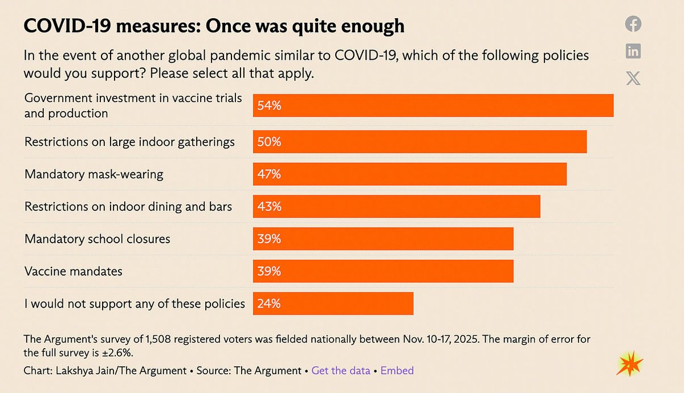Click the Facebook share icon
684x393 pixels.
633,24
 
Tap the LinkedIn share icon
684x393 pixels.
633,51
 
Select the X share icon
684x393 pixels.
633,79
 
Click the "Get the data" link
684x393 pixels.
340,370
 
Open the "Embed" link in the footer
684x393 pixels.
397,370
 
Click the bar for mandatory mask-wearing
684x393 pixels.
409,174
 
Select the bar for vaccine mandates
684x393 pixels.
383,271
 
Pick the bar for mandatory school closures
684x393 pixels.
383,239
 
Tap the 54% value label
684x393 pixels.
269,106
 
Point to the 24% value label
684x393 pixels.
269,304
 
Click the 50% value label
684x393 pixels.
269,142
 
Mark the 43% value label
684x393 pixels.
269,206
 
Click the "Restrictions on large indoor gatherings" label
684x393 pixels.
129,142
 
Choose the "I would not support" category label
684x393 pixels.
135,304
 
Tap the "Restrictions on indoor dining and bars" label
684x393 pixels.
128,206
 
